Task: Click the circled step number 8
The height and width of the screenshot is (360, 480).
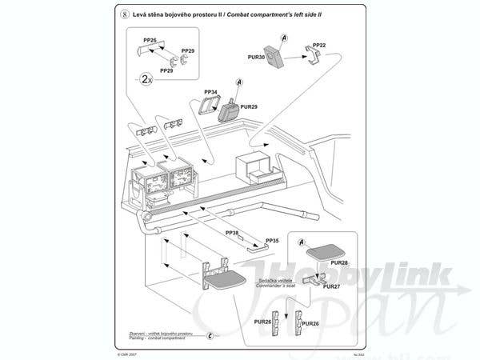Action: [123, 14]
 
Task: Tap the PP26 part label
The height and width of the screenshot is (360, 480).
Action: [150, 39]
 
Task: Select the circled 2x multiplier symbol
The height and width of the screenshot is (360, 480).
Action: [146, 78]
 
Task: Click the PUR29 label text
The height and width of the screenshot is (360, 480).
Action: [249, 106]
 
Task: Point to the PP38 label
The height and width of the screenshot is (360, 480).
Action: [232, 233]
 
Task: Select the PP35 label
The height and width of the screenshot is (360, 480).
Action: [272, 240]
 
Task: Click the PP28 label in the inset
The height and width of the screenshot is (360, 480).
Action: [339, 262]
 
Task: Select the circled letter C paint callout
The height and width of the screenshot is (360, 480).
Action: [210, 336]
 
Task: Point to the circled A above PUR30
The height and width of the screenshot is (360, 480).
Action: [284, 38]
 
